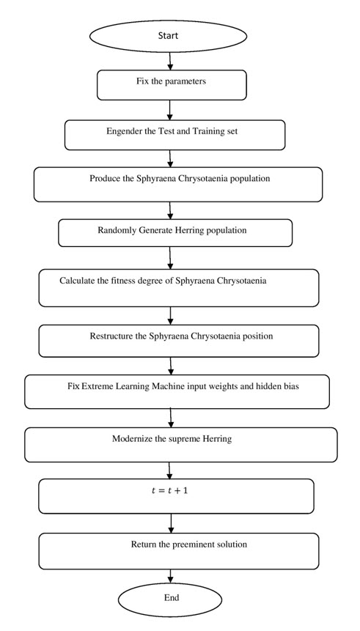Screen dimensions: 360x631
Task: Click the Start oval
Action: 168,36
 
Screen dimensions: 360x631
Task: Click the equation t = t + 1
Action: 169,490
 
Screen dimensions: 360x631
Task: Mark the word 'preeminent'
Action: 193,545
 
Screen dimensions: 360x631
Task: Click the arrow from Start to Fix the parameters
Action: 170,61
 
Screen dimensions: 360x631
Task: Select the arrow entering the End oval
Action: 171,576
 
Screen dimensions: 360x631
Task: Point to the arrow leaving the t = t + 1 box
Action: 171,523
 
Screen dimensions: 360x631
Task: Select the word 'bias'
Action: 292,387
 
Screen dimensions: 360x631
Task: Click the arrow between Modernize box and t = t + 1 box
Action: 170,471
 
